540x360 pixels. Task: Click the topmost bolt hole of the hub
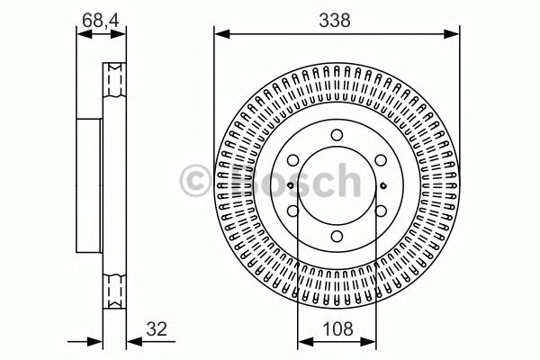337,136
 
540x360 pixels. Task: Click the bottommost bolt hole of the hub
337,237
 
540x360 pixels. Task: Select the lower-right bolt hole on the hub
380,211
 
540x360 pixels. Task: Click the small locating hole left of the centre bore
291,186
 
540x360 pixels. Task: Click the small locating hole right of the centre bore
382,186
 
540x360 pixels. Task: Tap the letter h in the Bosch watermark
343,181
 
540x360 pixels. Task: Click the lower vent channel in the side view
113,291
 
